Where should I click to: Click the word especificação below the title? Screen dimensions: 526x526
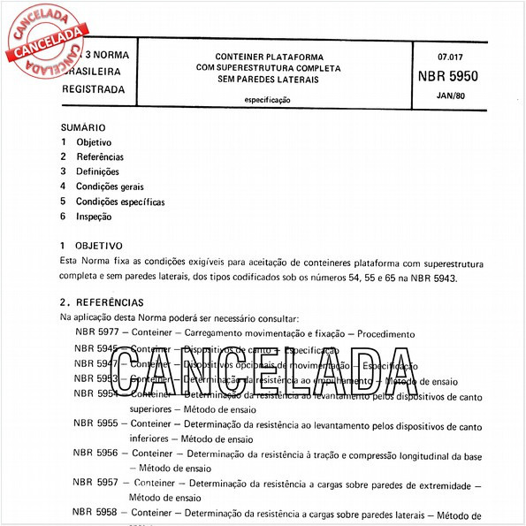click(268, 100)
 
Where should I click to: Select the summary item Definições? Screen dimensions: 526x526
click(97, 172)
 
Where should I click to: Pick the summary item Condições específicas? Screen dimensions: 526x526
click(120, 202)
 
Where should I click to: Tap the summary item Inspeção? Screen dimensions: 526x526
click(94, 217)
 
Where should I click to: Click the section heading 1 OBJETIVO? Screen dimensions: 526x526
click(91, 246)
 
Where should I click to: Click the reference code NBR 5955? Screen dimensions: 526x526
click(95, 423)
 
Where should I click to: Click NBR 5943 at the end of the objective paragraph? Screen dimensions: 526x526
click(433, 278)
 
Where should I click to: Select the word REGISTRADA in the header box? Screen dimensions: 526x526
click(95, 89)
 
